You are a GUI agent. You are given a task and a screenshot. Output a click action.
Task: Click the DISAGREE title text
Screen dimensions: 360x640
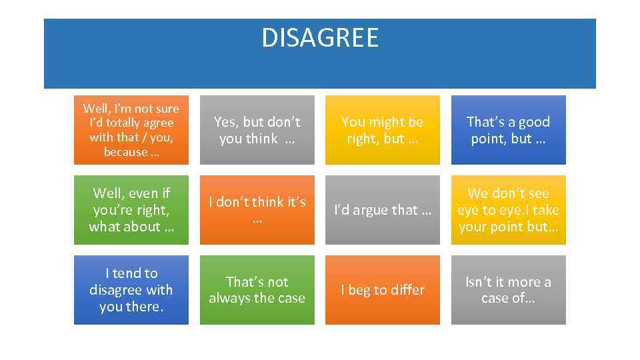(320, 38)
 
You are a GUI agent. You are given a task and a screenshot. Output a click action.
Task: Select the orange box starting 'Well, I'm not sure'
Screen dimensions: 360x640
(131, 130)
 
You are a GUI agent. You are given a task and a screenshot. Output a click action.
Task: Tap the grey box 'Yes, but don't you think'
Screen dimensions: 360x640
(257, 130)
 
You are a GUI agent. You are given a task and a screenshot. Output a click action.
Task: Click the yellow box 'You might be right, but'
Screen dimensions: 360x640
(382, 130)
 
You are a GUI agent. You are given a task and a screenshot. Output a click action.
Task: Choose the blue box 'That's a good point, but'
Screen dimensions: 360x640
(508, 130)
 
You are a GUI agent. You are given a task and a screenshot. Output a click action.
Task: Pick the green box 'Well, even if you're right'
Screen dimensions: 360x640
(131, 210)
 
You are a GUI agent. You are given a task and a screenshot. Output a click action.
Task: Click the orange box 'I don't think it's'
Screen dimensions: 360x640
(257, 210)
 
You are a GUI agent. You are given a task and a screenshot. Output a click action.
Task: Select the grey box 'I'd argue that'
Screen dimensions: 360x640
(382, 210)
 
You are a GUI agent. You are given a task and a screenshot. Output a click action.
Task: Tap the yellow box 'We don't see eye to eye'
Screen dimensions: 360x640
(508, 210)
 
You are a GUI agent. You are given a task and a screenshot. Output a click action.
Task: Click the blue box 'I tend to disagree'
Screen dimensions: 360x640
(131, 290)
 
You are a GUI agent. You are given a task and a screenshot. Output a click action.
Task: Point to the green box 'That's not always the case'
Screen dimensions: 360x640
(257, 290)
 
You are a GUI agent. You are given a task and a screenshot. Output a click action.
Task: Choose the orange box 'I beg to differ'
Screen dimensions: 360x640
(382, 290)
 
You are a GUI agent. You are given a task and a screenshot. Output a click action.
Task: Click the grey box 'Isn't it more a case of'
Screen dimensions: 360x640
(508, 290)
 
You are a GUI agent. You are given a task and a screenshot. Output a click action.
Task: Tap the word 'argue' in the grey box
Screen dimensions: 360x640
(375, 210)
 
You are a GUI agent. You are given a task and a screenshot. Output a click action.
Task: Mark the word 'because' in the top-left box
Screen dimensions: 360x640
(125, 152)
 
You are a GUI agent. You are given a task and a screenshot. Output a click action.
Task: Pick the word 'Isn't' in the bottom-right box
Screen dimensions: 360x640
(479, 282)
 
